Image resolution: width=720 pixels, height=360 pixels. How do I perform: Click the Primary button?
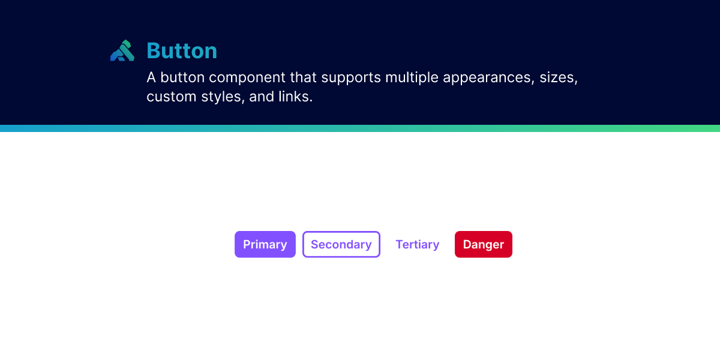coord(265,244)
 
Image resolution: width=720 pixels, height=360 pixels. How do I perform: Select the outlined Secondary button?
coord(341,244)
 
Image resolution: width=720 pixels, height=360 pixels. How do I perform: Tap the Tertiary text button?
coord(417,244)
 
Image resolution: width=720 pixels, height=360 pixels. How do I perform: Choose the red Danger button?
coord(483,244)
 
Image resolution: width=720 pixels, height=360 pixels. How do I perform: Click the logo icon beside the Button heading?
coord(122,50)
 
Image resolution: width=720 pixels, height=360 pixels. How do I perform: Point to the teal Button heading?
coord(182,51)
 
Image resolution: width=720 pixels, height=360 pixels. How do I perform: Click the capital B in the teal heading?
coord(154,51)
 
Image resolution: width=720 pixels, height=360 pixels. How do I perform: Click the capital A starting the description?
coord(151,78)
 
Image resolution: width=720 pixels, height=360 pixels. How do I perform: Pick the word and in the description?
coord(262,97)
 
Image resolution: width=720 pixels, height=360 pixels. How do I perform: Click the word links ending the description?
coord(296,97)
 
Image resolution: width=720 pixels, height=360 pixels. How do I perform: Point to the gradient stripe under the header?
coord(360,128)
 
